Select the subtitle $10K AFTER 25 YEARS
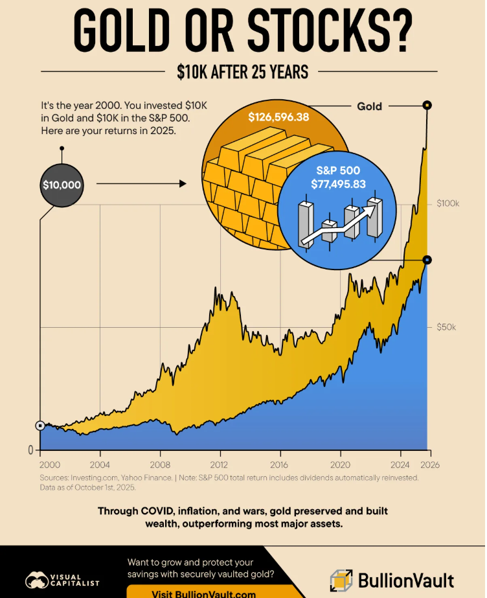pos(243,72)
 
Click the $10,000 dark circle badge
pos(62,185)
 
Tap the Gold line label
pos(369,106)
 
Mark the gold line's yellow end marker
pos(427,105)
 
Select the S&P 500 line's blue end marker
pos(427,260)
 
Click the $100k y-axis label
pos(447,203)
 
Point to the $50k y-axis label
pos(446,327)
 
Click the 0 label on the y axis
pos(30,450)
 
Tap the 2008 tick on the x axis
pos(160,465)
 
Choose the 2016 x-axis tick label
pos(280,465)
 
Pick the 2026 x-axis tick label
pos(430,465)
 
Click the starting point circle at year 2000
pos(40,426)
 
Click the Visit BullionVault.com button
pos(194,593)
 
